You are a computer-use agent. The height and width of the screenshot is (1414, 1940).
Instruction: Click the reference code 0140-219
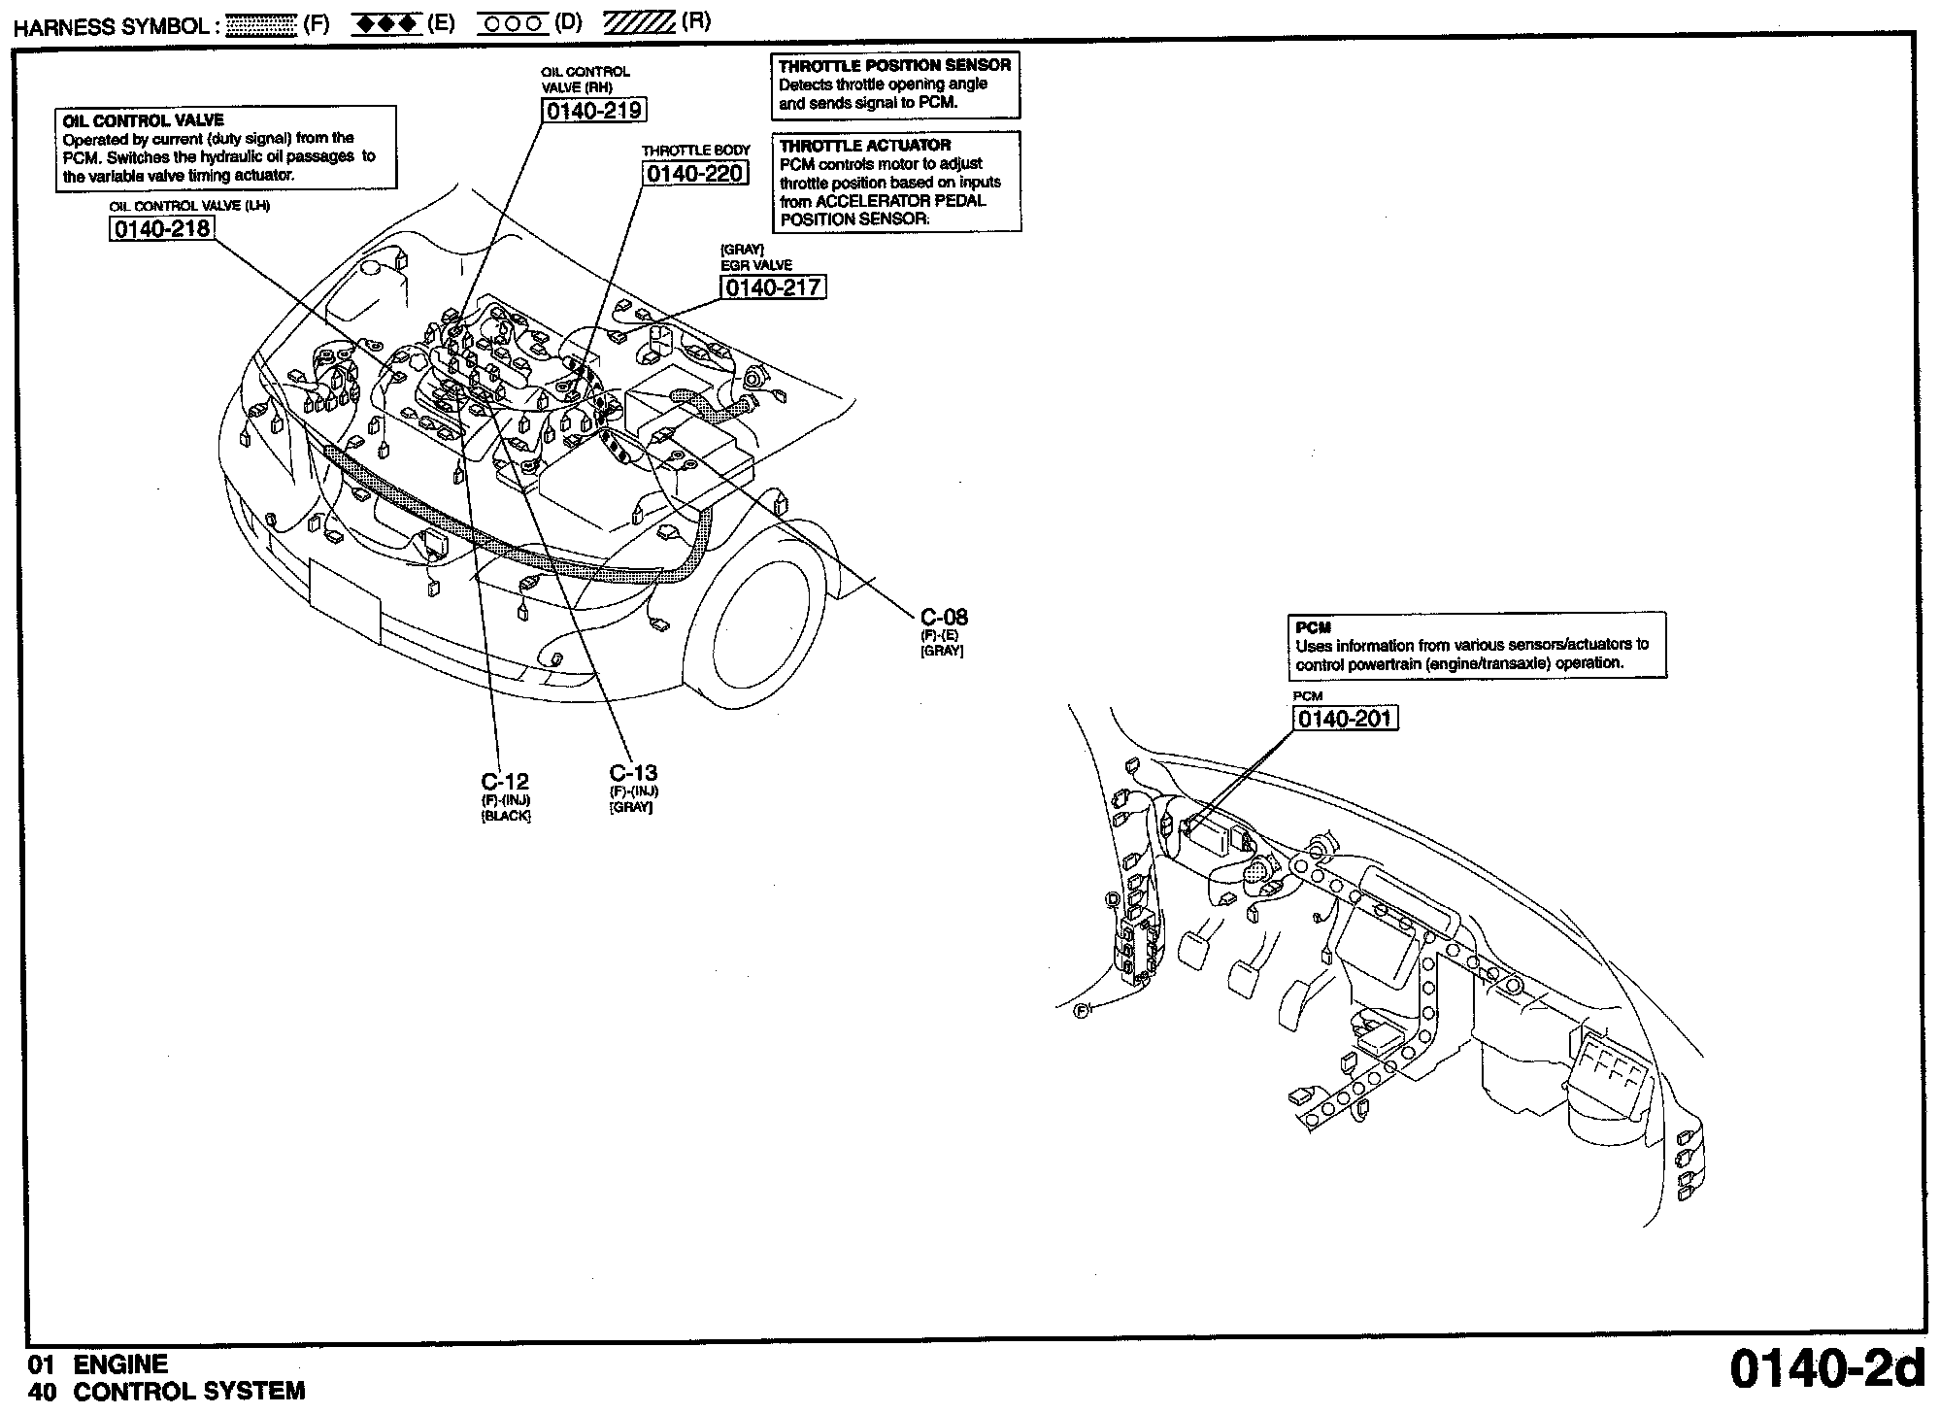tap(594, 111)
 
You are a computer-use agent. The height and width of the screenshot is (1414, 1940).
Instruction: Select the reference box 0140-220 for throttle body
tap(695, 174)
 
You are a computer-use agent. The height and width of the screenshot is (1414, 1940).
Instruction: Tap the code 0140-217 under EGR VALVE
tap(773, 287)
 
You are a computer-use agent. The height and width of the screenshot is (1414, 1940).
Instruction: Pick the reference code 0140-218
tap(161, 229)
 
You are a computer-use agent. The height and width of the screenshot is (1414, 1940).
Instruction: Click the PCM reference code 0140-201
tap(1345, 719)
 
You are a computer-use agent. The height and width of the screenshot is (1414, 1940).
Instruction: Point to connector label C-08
tap(944, 617)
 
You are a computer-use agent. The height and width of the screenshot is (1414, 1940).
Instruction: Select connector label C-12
tap(505, 782)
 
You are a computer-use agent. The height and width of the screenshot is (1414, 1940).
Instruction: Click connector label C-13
tap(633, 773)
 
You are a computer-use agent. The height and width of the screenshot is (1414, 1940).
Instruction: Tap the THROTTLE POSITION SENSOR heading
tap(894, 65)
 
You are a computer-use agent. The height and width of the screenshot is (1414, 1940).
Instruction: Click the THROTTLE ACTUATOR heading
tap(864, 145)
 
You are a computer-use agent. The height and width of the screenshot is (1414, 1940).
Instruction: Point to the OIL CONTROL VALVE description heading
tap(143, 120)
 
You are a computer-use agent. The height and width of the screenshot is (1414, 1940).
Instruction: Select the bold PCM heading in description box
tap(1313, 627)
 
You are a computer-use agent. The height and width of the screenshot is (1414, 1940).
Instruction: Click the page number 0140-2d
tap(1826, 1368)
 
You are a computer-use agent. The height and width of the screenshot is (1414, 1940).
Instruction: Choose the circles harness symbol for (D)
tap(513, 24)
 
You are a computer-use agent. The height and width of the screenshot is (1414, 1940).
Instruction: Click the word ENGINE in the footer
tap(120, 1364)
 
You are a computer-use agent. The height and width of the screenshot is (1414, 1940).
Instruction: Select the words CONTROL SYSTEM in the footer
tap(189, 1392)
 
